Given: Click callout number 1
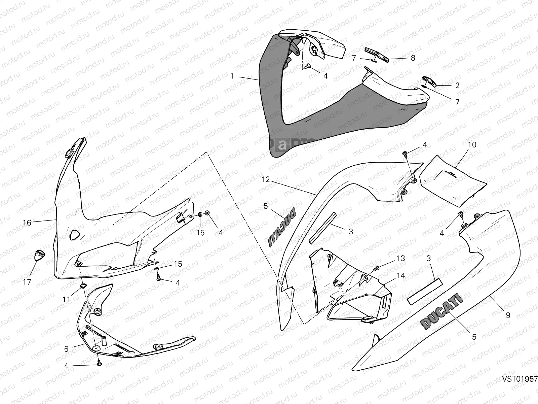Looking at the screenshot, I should pos(232,76).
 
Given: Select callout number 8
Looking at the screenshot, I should pos(413,58).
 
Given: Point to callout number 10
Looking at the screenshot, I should pos(472,145).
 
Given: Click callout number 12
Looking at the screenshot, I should pos(266,179).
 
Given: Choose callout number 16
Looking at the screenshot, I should pos(27,223).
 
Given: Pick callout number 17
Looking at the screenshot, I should pos(27,281).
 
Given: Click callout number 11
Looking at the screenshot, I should pos(66,299).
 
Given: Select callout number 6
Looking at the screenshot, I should pos(66,349).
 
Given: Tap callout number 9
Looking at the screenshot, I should pos(508,315).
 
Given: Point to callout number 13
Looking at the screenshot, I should pos(401,259).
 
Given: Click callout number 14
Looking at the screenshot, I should pos(401,275).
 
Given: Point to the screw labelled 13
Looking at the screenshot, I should pos(377,268).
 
